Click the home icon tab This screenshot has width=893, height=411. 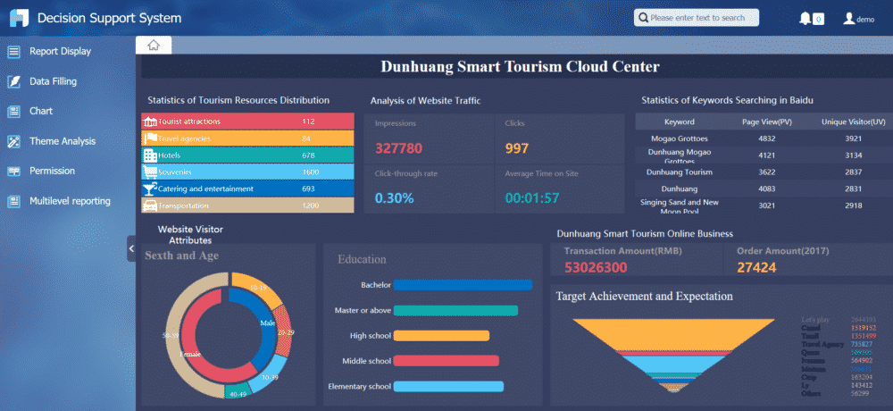[x=153, y=46]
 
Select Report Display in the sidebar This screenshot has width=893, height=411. [x=60, y=51]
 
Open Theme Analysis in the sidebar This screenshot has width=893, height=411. [x=63, y=141]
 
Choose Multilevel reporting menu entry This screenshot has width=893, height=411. [x=70, y=201]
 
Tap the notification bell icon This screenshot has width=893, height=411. [x=805, y=18]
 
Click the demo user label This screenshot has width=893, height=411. [x=864, y=19]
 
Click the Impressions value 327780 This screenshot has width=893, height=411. [x=399, y=148]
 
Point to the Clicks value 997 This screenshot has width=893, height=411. [x=517, y=148]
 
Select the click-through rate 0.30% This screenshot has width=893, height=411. [x=394, y=197]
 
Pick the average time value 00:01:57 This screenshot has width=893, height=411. [x=532, y=197]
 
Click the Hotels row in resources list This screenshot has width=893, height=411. [x=247, y=155]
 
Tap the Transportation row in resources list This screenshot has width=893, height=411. [x=247, y=206]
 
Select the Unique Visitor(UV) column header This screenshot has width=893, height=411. [x=853, y=122]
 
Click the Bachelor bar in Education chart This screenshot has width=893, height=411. [x=463, y=285]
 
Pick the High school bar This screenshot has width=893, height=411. [x=441, y=336]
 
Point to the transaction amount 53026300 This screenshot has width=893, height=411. [x=596, y=267]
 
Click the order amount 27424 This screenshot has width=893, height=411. [x=756, y=267]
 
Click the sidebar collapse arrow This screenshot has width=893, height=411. [x=131, y=254]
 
